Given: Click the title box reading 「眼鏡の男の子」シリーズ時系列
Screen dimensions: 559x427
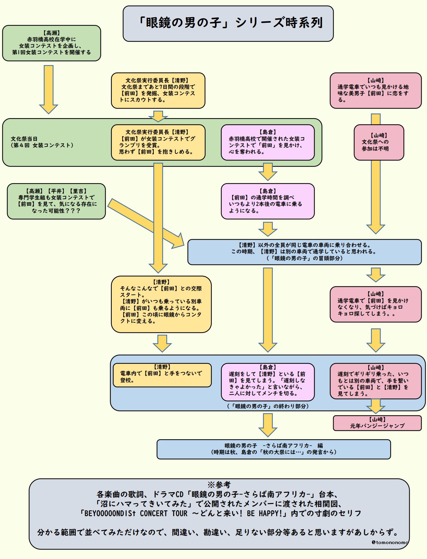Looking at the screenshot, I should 228,23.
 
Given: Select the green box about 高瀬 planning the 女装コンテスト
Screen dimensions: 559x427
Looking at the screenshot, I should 52,43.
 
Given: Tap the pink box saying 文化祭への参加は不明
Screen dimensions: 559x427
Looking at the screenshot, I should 379,142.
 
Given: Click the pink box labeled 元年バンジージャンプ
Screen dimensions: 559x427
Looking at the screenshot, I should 377,423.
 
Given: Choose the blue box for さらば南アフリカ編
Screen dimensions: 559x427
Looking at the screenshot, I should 273,449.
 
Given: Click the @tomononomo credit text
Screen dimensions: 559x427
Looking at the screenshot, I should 390,542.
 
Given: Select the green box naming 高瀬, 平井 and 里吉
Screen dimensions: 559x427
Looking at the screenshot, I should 56,201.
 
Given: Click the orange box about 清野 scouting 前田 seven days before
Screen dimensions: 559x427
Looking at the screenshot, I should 158,91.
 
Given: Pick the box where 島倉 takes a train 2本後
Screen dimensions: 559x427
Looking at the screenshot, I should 268,201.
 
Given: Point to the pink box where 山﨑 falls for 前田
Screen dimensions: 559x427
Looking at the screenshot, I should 375,91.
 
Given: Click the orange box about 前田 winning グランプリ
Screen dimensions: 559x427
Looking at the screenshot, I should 158,142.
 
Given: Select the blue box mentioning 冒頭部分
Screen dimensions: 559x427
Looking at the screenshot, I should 304,252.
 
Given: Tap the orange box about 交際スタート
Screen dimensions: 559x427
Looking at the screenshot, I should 161,304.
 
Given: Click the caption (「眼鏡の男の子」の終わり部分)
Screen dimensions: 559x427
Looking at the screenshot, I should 268,406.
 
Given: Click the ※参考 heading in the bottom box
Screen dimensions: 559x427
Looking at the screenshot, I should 219,485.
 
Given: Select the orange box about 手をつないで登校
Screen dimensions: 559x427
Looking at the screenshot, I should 162,375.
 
